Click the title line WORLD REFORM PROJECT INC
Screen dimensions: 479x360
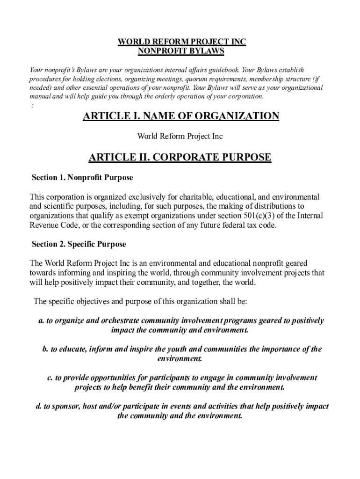tap(181, 42)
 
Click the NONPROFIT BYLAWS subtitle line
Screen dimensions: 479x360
tap(181, 51)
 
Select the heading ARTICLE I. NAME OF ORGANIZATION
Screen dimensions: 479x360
tap(181, 116)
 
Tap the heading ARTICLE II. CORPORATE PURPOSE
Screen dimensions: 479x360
tap(180, 157)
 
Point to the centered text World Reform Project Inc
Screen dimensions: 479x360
tap(180, 136)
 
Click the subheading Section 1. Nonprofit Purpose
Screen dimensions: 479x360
tap(82, 178)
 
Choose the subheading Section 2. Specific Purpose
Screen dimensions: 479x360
tap(79, 244)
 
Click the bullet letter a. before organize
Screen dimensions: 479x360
tap(41, 321)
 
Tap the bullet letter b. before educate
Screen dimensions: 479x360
tap(45, 349)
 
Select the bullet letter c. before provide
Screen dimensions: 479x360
tap(50, 377)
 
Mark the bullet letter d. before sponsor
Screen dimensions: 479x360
tap(39, 406)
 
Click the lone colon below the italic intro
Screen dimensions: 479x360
tap(32, 106)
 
